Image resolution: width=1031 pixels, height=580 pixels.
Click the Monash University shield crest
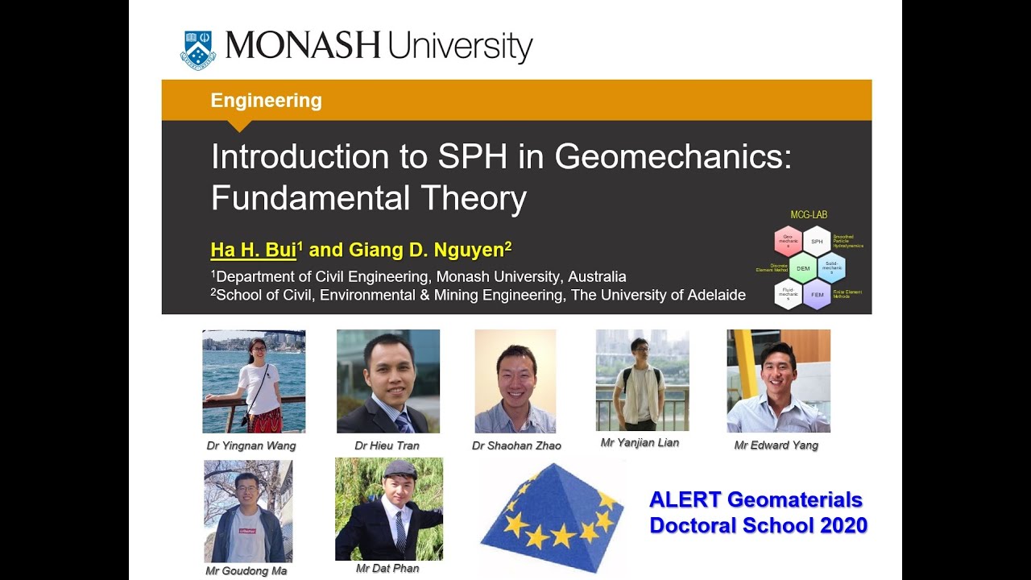click(197, 50)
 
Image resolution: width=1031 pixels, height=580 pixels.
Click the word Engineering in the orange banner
click(266, 101)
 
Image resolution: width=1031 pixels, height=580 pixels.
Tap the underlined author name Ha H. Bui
click(253, 250)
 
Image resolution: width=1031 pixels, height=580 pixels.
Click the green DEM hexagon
click(803, 267)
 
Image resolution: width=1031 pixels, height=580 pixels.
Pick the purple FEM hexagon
click(817, 295)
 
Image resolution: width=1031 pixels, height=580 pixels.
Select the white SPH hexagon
click(817, 241)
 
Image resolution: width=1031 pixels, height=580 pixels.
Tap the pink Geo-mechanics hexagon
click(789, 241)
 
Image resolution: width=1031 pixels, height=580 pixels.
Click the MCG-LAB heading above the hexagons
click(809, 215)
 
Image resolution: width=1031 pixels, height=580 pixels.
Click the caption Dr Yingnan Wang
click(251, 445)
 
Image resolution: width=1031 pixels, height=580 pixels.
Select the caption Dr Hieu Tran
click(387, 445)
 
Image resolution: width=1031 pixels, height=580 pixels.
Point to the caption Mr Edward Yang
click(776, 445)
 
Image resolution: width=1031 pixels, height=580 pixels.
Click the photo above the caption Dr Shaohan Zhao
click(515, 381)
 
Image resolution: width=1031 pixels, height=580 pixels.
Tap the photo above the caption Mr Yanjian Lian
click(642, 379)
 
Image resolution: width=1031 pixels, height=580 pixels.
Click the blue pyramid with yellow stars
click(552, 516)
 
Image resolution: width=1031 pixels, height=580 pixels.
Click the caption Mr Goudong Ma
click(246, 571)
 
